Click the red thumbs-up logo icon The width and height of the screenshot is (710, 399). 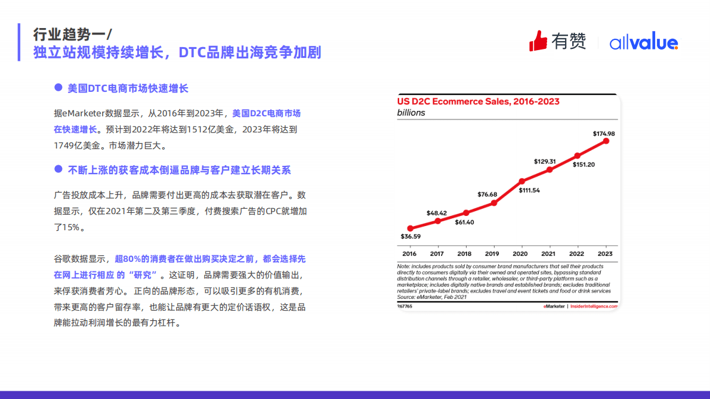pyautogui.click(x=538, y=41)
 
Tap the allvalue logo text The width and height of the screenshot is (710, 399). pyautogui.click(x=643, y=43)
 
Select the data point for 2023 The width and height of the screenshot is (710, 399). pyautogui.click(x=606, y=141)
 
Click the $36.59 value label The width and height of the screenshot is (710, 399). pyautogui.click(x=410, y=237)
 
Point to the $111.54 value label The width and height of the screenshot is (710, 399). pyautogui.click(x=529, y=190)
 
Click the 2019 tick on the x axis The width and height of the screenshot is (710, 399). pyautogui.click(x=492, y=253)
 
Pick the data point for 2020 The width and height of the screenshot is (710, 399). pyautogui.click(x=522, y=181)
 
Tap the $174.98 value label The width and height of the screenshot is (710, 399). pyautogui.click(x=604, y=134)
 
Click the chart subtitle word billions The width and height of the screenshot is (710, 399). pyautogui.click(x=411, y=113)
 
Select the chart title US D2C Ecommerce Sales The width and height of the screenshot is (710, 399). pyautogui.click(x=478, y=101)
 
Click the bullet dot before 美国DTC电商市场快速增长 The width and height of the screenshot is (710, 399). pyautogui.click(x=58, y=88)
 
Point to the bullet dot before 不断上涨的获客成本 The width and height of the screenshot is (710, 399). pyautogui.click(x=58, y=169)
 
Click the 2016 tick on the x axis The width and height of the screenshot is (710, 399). pyautogui.click(x=409, y=253)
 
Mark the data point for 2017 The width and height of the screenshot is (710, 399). pyautogui.click(x=438, y=221)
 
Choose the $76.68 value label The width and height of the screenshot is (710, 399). pyautogui.click(x=487, y=194)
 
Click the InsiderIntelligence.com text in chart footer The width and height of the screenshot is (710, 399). pyautogui.click(x=594, y=306)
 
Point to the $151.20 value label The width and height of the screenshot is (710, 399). pyautogui.click(x=584, y=165)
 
